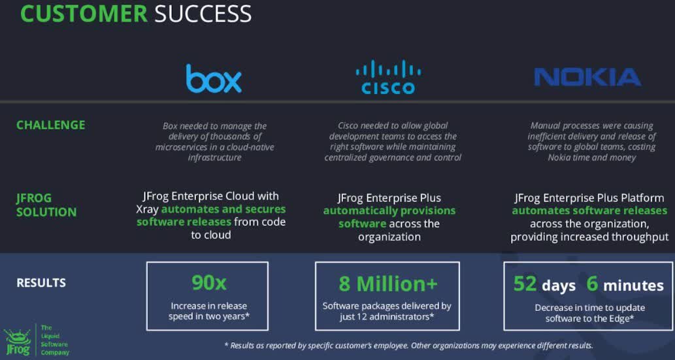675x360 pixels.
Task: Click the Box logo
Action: (214, 78)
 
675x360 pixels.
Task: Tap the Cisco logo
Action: (388, 77)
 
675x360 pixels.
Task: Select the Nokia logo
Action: (587, 77)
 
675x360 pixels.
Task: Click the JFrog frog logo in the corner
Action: (18, 342)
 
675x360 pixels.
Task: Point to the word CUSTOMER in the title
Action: (84, 14)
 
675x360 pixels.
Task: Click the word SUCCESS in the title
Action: (203, 14)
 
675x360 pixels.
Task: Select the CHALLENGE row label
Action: (50, 125)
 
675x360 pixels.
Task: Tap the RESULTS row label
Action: (41, 283)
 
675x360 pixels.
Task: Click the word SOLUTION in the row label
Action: (46, 212)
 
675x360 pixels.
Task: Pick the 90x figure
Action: (208, 283)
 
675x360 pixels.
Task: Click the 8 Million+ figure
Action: (387, 284)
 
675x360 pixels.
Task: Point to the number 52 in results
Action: (525, 284)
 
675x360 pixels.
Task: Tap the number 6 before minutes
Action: (592, 284)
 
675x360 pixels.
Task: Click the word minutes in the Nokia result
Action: (633, 286)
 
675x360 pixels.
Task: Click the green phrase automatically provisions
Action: (389, 211)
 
